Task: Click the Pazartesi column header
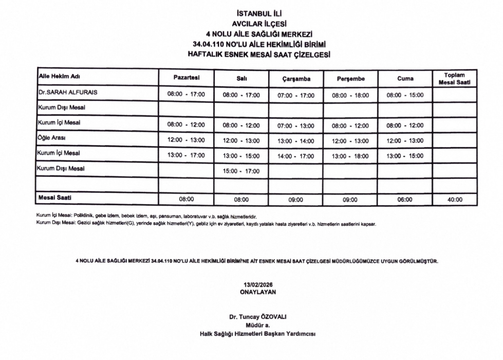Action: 186,77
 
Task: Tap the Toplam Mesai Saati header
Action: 454,79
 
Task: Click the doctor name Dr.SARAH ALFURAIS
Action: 68,93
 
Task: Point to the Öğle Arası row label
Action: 51,138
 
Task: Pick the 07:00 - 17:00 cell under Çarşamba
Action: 295,95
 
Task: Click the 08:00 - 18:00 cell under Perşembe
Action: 350,95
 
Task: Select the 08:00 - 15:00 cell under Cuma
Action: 405,95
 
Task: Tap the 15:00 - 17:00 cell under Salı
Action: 241,171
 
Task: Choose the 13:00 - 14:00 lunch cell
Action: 295,141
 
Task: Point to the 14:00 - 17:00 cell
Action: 295,156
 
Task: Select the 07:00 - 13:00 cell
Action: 295,125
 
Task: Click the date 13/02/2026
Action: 258,285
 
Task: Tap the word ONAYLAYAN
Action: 258,292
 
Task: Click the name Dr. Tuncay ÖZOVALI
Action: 258,317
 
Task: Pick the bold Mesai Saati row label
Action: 54,197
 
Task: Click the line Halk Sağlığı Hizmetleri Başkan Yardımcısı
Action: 258,334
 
